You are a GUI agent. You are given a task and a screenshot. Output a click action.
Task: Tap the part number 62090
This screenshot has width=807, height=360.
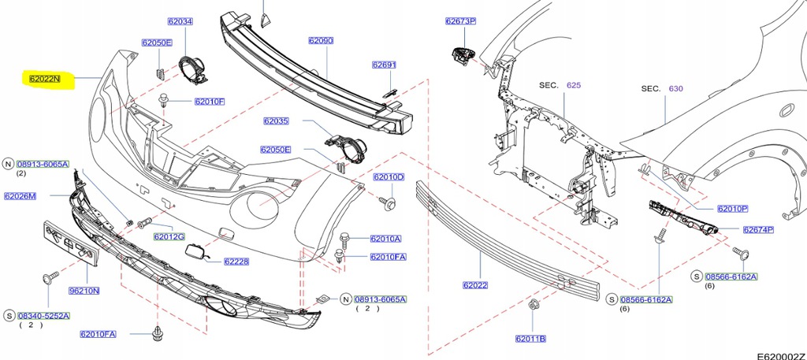point(321,40)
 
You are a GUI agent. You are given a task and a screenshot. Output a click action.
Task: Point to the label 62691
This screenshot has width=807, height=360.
point(384,65)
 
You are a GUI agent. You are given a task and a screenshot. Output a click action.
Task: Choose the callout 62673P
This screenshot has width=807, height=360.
point(460,21)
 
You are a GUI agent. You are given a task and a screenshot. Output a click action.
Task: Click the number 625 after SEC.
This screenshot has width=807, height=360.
point(573,85)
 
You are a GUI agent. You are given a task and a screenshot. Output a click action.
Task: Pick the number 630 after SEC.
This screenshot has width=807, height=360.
point(675,89)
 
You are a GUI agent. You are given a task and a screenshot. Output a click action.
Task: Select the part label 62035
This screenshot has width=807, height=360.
point(277,121)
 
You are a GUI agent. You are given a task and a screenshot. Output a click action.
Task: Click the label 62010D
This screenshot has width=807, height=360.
point(388,177)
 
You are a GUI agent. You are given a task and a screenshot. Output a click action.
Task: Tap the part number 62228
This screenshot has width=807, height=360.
point(236,262)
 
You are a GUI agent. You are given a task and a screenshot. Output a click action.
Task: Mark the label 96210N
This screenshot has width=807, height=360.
point(84,291)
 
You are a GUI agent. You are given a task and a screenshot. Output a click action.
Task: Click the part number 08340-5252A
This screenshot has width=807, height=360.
point(45,316)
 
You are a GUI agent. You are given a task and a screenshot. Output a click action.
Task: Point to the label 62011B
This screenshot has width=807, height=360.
point(531,339)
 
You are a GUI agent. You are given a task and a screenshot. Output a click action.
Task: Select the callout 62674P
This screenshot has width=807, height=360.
point(758,230)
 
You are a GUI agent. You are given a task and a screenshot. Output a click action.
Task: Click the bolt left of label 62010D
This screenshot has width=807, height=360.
point(389,203)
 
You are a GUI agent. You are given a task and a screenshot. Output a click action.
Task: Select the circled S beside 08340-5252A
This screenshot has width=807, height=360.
point(9,316)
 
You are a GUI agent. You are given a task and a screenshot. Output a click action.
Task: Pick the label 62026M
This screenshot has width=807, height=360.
point(20,195)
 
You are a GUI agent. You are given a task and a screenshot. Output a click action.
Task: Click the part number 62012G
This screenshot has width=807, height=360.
point(169,236)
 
